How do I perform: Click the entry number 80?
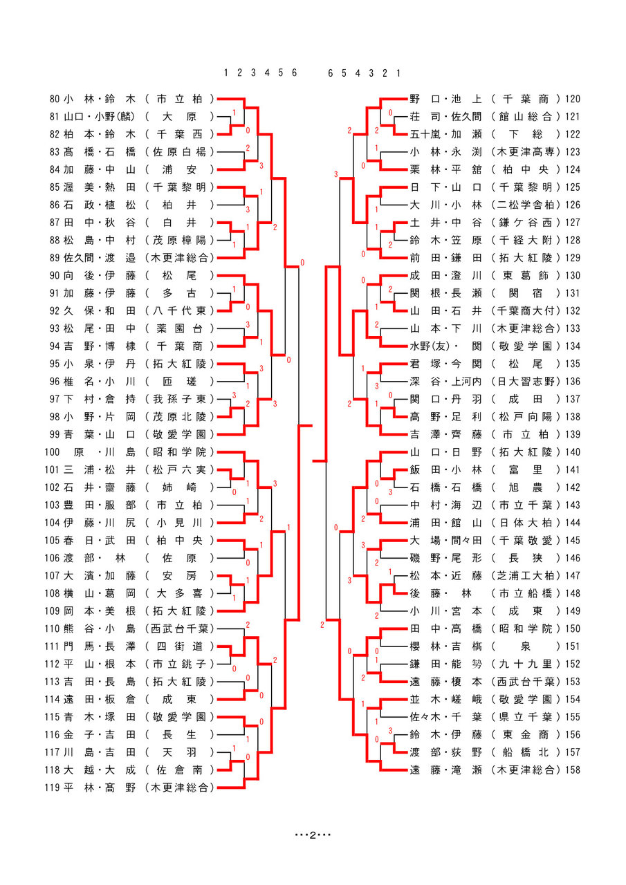click(x=55, y=99)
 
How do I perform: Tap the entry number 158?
click(x=572, y=770)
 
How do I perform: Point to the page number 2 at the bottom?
click(x=313, y=835)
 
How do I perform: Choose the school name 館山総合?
click(x=526, y=116)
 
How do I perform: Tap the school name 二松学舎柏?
click(x=526, y=205)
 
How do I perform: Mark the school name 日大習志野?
click(x=526, y=381)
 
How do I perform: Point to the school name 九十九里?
click(x=526, y=664)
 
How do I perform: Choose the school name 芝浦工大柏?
click(x=526, y=575)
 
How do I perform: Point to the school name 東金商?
click(x=526, y=734)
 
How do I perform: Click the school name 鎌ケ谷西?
click(x=526, y=222)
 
